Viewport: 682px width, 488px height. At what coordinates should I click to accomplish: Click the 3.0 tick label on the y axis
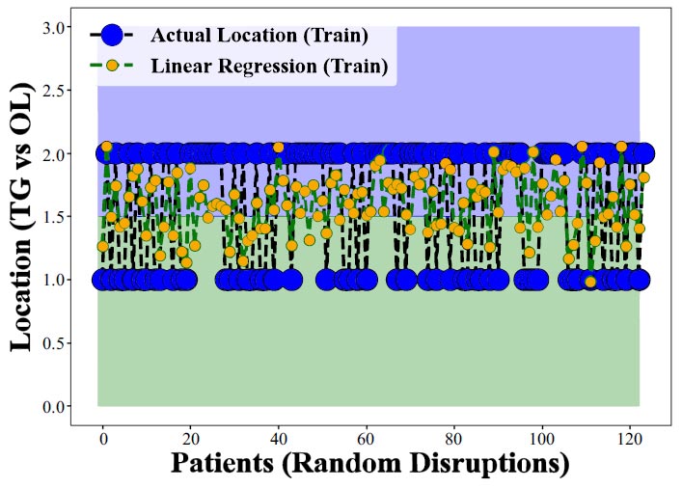(53, 28)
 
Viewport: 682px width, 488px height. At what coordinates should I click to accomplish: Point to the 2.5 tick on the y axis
(53, 91)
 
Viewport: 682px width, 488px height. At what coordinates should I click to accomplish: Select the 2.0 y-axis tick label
(53, 154)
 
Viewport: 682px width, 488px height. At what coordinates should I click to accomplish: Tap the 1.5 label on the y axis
(53, 217)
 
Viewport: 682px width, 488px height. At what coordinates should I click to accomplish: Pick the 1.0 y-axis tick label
(53, 280)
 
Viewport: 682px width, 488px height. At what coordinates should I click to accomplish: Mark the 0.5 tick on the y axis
(53, 343)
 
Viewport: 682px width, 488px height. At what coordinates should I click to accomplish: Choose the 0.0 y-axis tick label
(53, 406)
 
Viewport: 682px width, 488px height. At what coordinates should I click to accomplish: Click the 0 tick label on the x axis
(103, 439)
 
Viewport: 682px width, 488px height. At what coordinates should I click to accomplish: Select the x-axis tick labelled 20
(190, 439)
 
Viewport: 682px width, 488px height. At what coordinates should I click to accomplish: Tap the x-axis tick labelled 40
(279, 439)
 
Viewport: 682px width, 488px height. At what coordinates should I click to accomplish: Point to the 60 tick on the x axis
(367, 439)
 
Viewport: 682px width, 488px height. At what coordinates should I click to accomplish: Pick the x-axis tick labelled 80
(454, 439)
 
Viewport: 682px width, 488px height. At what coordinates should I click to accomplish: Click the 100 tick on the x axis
(542, 439)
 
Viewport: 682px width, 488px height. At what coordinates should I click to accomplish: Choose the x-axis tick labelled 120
(630, 439)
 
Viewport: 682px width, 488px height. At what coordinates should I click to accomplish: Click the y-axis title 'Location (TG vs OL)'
(21, 217)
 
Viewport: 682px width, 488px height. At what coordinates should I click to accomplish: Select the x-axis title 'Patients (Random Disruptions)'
(370, 464)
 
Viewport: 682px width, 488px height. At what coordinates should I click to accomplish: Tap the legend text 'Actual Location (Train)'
(259, 36)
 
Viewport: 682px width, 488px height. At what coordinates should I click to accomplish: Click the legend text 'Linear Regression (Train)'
(269, 67)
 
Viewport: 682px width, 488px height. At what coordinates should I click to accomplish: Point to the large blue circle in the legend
(112, 35)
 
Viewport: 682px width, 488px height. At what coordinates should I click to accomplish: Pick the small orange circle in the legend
(112, 66)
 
